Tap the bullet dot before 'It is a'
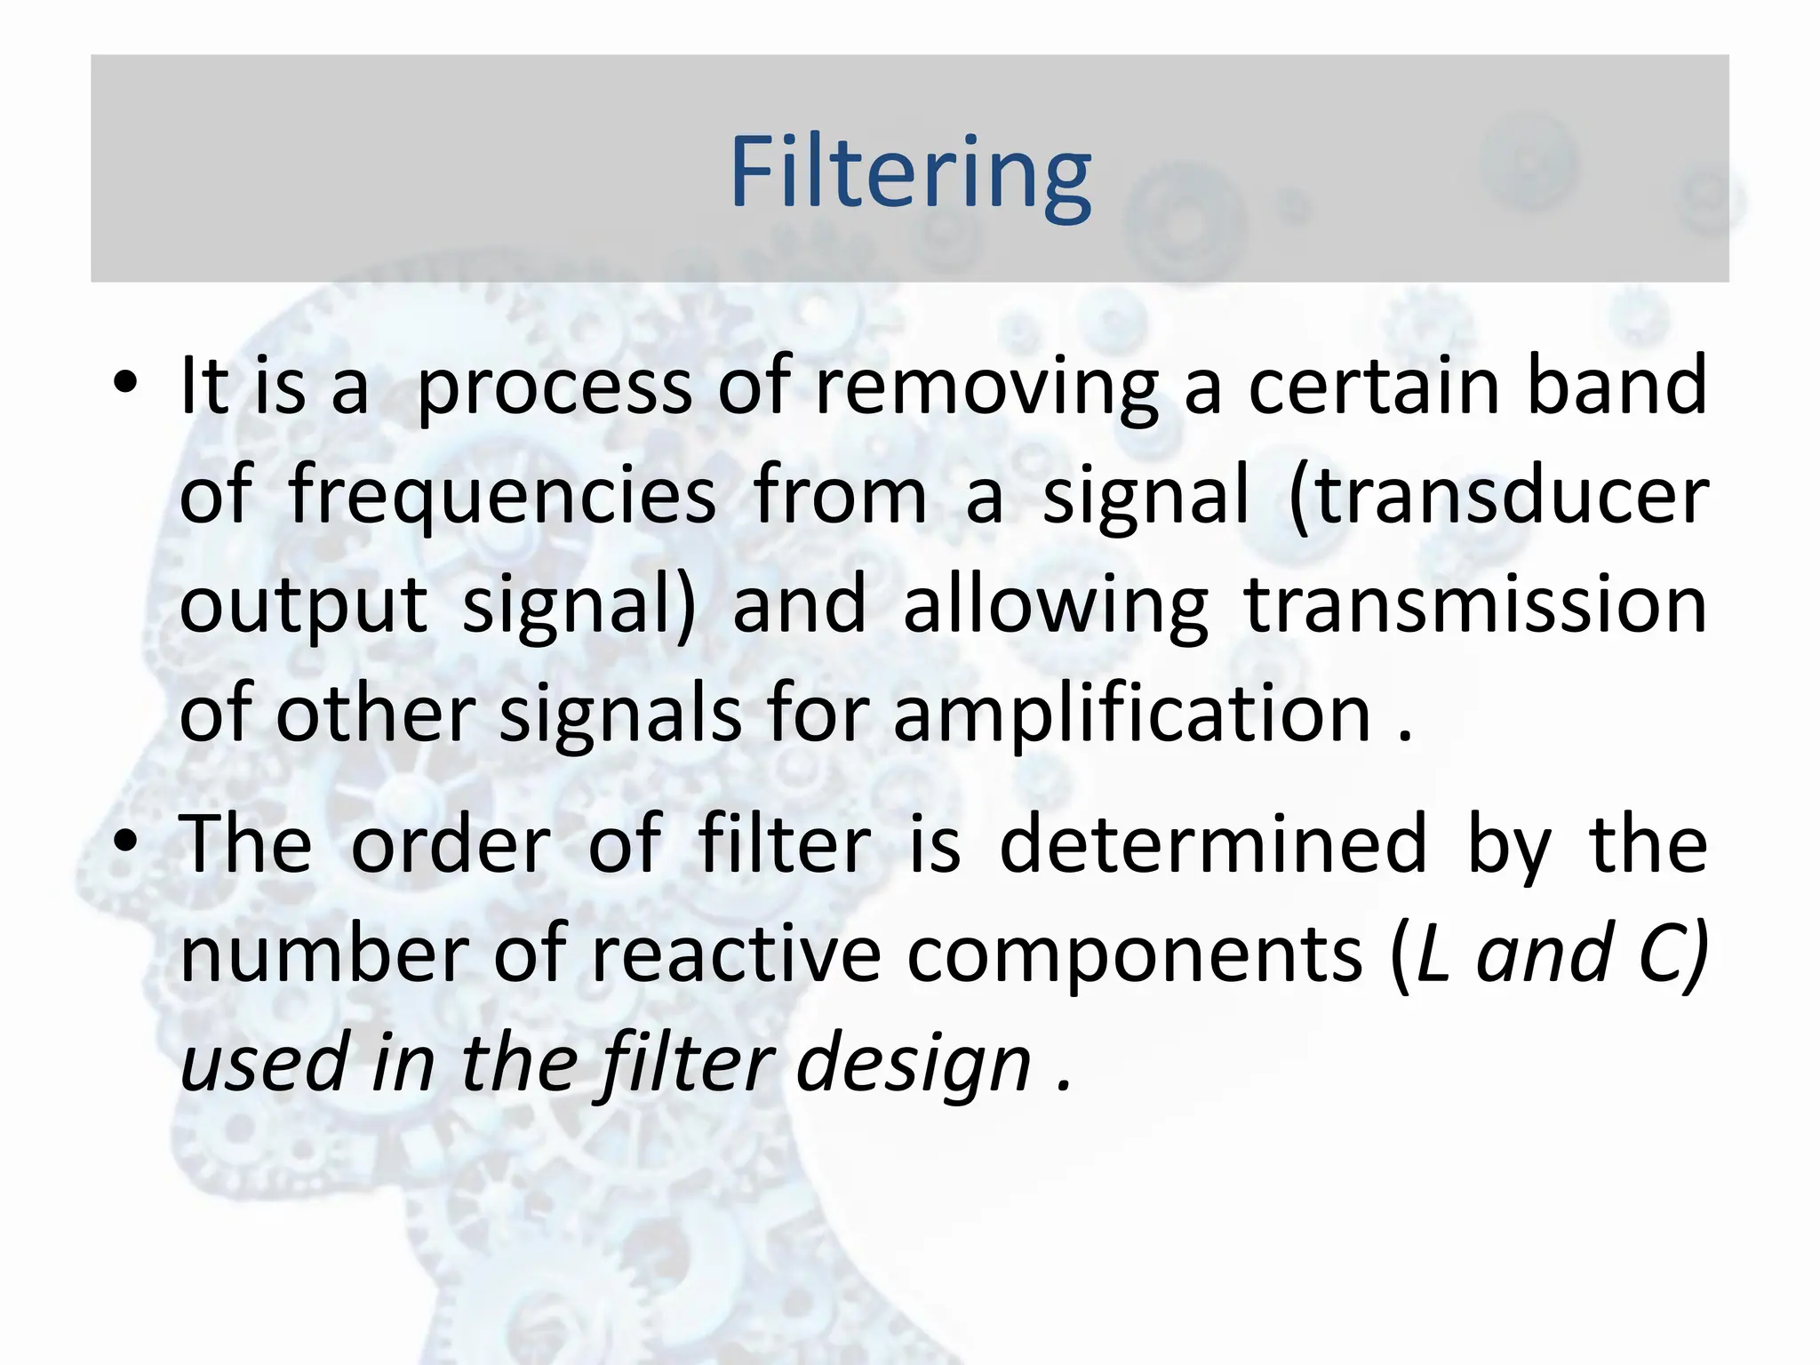pyautogui.click(x=125, y=383)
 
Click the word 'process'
pyautogui.click(x=554, y=388)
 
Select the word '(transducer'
pyautogui.click(x=1497, y=496)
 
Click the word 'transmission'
pyautogui.click(x=1475, y=604)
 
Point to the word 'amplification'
pyautogui.click(x=1132, y=714)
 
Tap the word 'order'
pyautogui.click(x=451, y=844)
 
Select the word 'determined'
pyautogui.click(x=1213, y=844)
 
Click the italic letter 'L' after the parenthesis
pyautogui.click(x=1433, y=954)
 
